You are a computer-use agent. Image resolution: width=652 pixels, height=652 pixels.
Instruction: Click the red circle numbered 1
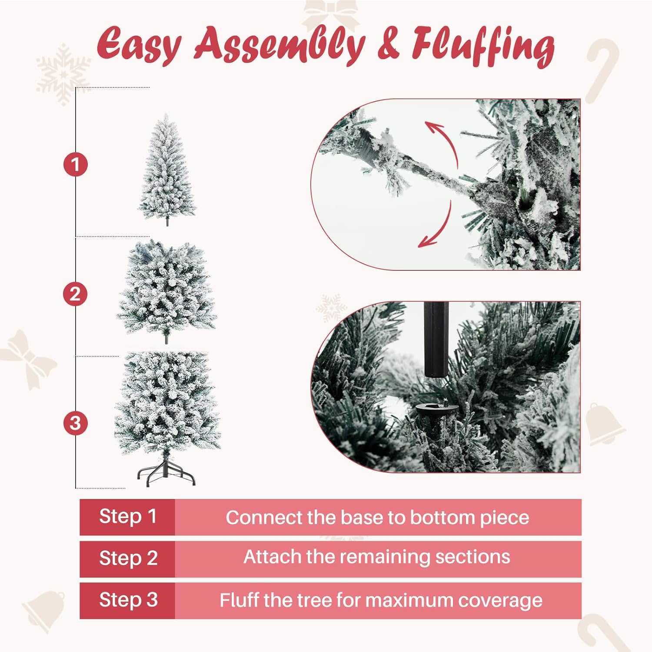(76, 165)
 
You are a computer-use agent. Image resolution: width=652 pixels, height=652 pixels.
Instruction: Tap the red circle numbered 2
(75, 294)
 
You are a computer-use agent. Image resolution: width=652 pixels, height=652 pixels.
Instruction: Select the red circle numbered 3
(75, 423)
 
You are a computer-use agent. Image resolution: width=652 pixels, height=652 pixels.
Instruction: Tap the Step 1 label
(127, 516)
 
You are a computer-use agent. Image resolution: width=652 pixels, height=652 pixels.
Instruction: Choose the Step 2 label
(128, 558)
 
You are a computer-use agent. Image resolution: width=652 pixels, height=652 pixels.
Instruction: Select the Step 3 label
(128, 600)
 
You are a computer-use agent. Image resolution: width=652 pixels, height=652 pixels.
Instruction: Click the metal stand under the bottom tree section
(166, 469)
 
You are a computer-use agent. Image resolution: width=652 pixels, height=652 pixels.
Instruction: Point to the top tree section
(167, 170)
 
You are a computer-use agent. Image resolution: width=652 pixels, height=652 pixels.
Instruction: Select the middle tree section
(166, 291)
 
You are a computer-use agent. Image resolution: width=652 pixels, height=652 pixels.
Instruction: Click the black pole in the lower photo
(436, 339)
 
